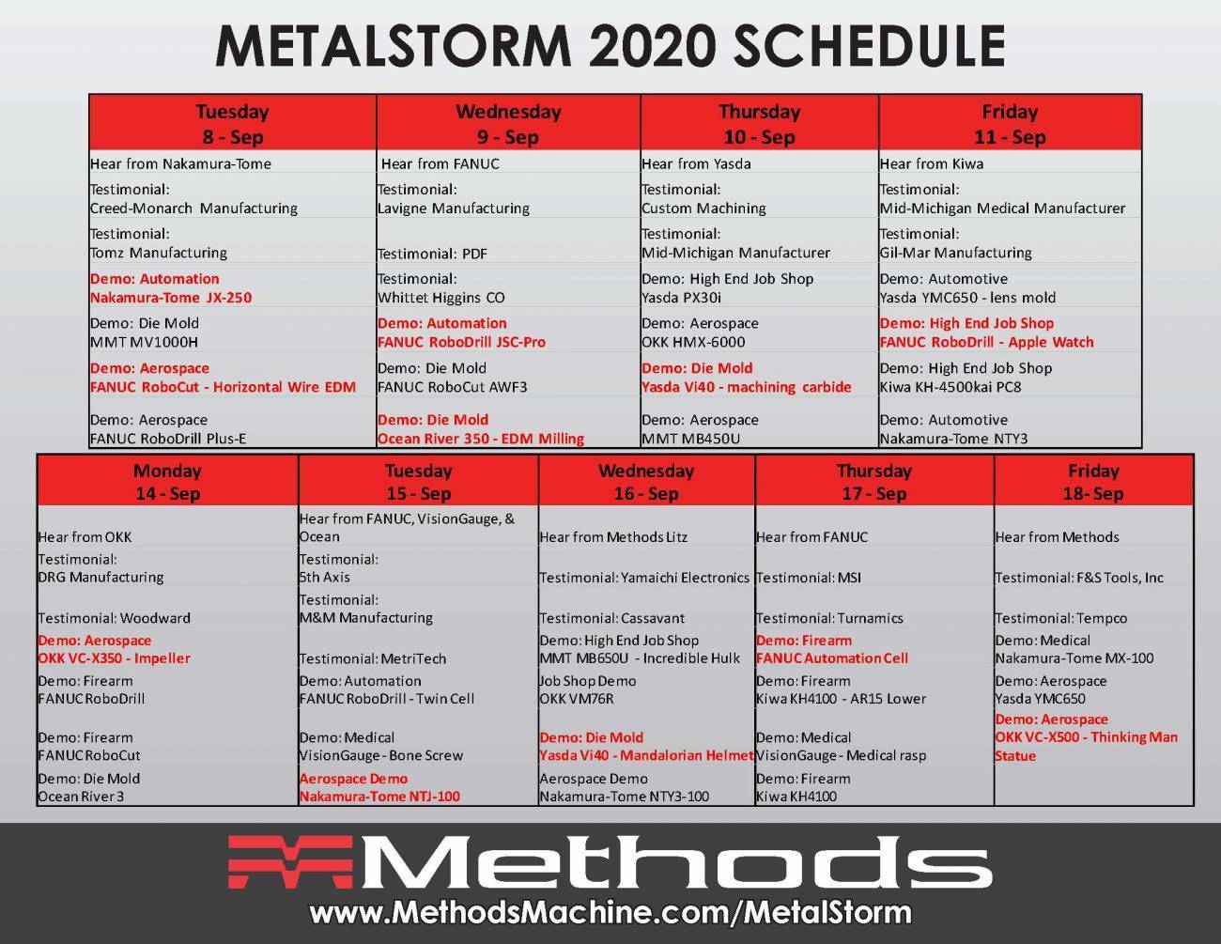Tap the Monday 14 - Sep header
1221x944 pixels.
(167, 481)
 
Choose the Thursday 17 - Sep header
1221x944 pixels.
(873, 481)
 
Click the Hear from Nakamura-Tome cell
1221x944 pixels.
(180, 163)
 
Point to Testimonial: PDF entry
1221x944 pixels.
(432, 254)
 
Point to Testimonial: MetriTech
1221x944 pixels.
(373, 658)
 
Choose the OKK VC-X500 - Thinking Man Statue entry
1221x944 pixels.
(1086, 737)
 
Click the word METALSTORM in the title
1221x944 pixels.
(394, 46)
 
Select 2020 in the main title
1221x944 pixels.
(653, 46)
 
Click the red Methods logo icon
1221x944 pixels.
(290, 862)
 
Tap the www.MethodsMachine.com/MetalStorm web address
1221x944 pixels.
(610, 913)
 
